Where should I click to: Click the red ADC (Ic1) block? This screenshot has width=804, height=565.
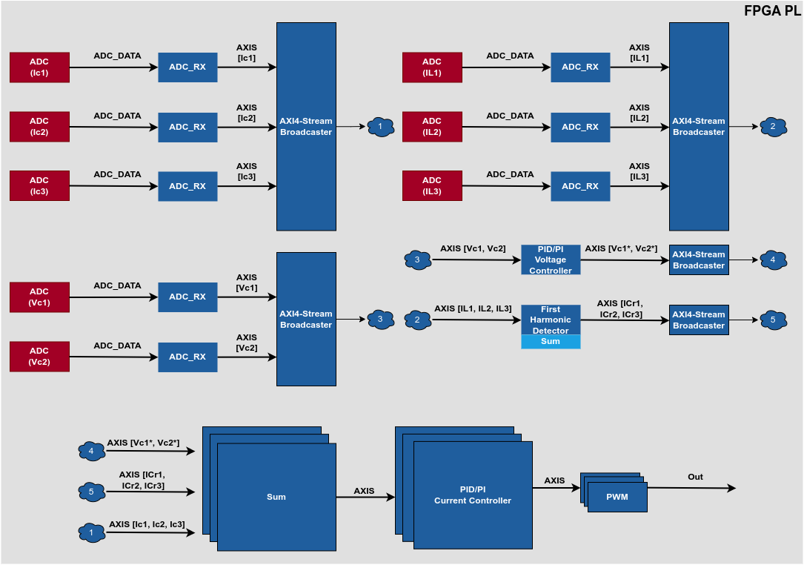click(x=39, y=67)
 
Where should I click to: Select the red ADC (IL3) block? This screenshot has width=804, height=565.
click(x=432, y=186)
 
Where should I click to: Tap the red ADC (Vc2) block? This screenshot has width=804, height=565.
click(x=39, y=357)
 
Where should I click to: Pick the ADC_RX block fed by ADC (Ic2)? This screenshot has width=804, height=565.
click(x=187, y=127)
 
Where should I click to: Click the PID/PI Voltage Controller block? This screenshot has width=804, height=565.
click(x=551, y=260)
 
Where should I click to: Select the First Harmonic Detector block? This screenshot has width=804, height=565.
click(x=551, y=320)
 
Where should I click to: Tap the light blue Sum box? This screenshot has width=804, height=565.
click(x=551, y=342)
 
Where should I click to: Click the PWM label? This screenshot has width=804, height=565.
click(x=617, y=497)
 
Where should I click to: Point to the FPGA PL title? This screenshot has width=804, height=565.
click(x=771, y=11)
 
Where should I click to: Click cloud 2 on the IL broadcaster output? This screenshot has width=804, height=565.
click(x=773, y=127)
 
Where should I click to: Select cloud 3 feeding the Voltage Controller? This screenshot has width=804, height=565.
click(x=417, y=260)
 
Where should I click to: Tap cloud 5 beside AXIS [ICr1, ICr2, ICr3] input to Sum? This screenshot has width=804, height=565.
click(x=91, y=491)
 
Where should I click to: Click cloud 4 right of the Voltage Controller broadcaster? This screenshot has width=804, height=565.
click(x=773, y=260)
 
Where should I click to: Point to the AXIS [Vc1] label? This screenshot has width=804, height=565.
click(x=247, y=282)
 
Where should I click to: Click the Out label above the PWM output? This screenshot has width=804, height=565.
click(x=695, y=477)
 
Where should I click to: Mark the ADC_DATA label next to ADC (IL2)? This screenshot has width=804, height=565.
click(x=510, y=116)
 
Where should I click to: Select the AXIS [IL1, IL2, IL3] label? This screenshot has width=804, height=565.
click(x=473, y=308)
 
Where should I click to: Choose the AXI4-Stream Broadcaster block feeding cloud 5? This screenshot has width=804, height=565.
click(x=699, y=320)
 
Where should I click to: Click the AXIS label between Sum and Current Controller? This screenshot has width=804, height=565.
click(x=364, y=491)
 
